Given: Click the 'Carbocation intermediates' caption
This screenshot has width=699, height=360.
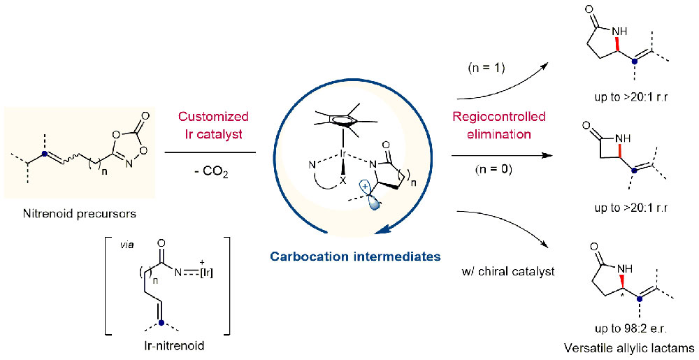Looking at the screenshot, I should (357, 257).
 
